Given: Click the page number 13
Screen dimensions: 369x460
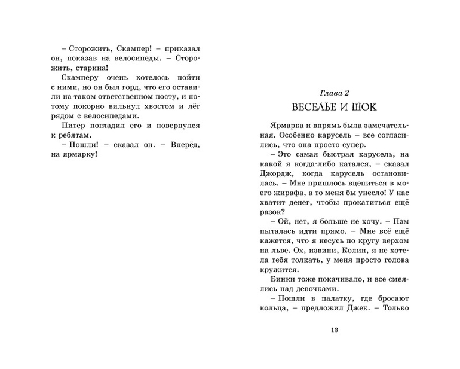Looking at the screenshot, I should click(x=334, y=330).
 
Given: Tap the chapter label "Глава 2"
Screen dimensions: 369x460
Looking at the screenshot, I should click(x=334, y=92).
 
